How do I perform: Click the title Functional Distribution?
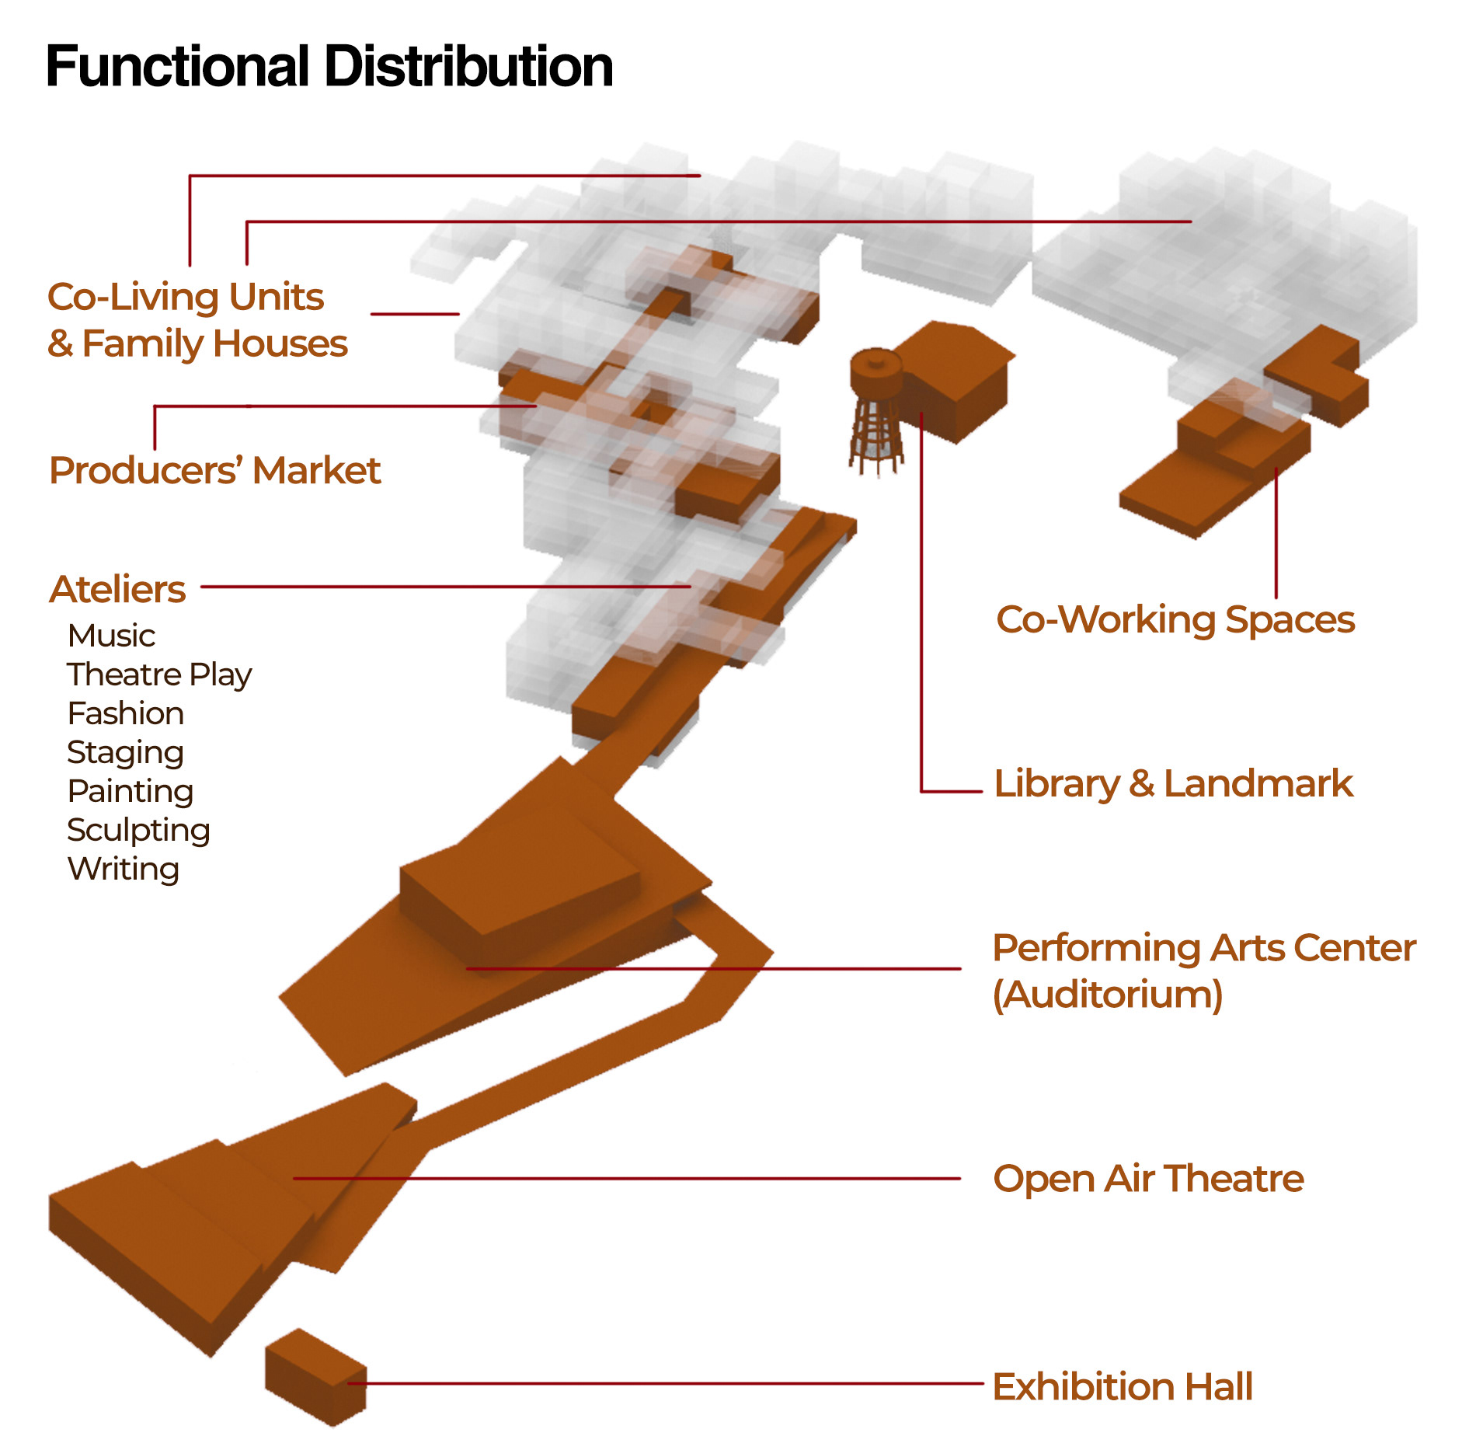pyautogui.click(x=329, y=67)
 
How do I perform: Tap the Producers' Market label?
pyautogui.click(x=214, y=470)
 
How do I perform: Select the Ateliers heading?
pyautogui.click(x=117, y=589)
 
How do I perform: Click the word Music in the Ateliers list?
pyautogui.click(x=111, y=636)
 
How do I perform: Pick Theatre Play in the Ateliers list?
pyautogui.click(x=159, y=674)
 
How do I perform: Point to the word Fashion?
pyautogui.click(x=126, y=713)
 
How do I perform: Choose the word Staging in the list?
pyautogui.click(x=125, y=752)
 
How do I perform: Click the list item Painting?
pyautogui.click(x=131, y=791)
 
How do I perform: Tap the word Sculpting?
pyautogui.click(x=138, y=830)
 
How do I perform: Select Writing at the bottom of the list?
pyautogui.click(x=124, y=869)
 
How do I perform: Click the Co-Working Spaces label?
pyautogui.click(x=1175, y=620)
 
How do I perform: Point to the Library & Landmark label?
pyautogui.click(x=1173, y=783)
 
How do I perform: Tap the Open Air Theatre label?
pyautogui.click(x=1148, y=1179)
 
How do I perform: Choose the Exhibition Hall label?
pyautogui.click(x=1123, y=1387)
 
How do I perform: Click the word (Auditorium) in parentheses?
pyautogui.click(x=1108, y=995)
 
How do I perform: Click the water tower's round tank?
pyautogui.click(x=876, y=371)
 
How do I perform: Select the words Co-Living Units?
pyautogui.click(x=186, y=297)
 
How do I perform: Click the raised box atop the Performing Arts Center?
pyautogui.click(x=520, y=890)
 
